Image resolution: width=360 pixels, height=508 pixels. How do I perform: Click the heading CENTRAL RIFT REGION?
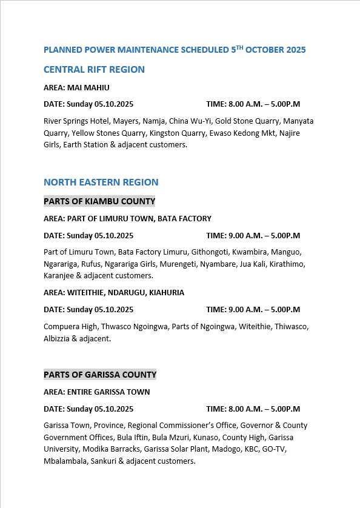[x=94, y=70]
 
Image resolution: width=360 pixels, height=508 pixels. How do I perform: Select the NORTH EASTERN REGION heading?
[x=101, y=182]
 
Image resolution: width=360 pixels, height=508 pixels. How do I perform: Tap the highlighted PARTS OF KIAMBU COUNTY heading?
[x=99, y=201]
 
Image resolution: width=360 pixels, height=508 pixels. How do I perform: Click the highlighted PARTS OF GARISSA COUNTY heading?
[x=100, y=375]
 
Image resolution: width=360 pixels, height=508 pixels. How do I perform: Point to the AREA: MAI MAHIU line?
[x=76, y=88]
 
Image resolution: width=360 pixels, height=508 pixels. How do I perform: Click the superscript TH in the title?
[x=239, y=47]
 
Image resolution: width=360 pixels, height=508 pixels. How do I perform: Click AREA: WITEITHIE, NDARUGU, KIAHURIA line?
[x=114, y=293]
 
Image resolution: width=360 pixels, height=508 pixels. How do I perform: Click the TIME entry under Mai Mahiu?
[x=253, y=104]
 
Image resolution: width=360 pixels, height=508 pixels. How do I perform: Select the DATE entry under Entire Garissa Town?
[x=88, y=409]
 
